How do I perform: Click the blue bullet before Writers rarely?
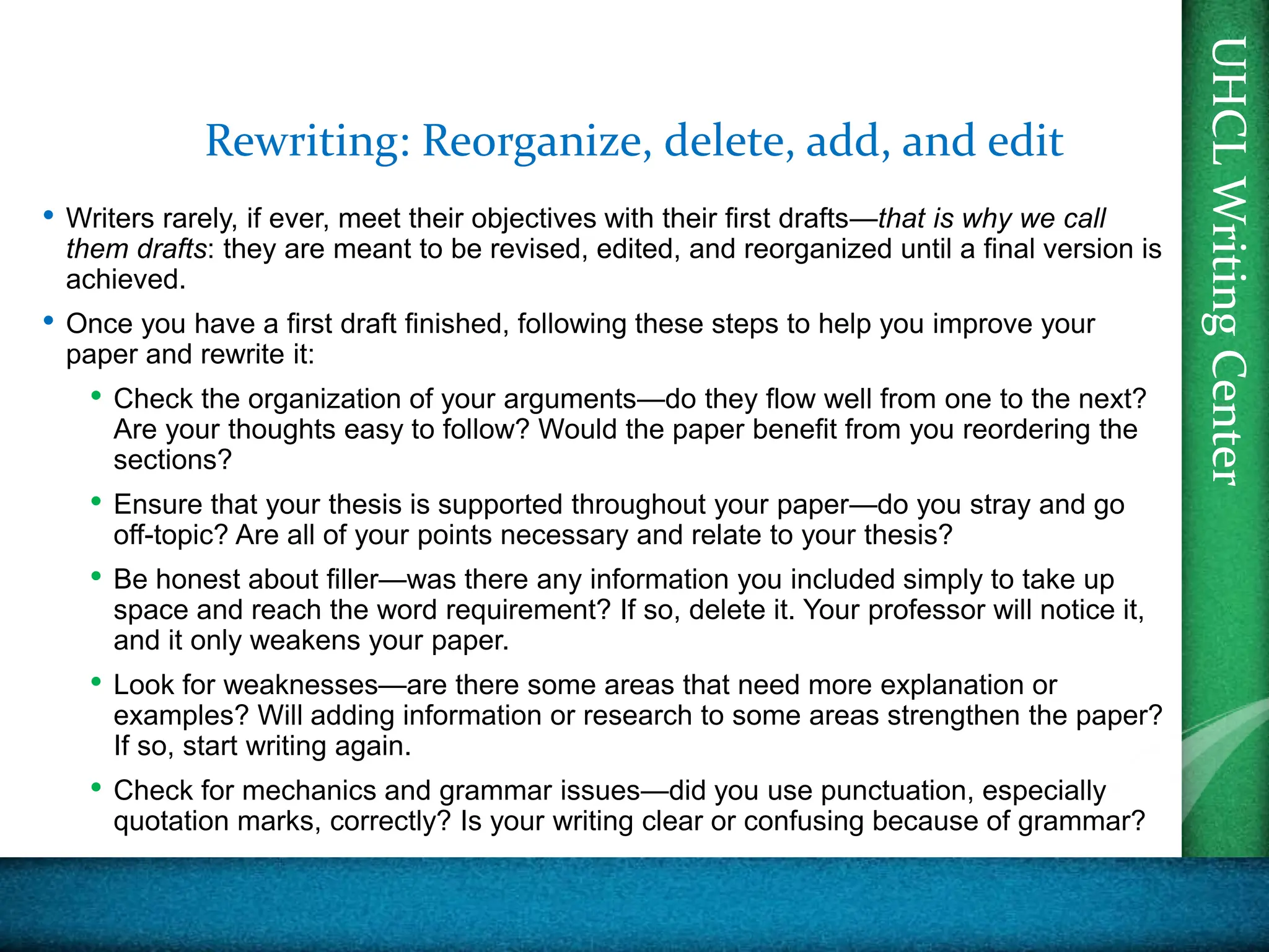click(x=48, y=216)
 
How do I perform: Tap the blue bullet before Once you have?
click(x=48, y=321)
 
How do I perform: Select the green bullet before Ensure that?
click(x=95, y=501)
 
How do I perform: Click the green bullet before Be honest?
click(x=95, y=576)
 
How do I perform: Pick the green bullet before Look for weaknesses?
click(x=95, y=682)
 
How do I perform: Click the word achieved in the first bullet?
click(x=126, y=280)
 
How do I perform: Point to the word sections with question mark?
click(x=172, y=460)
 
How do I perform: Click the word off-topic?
click(x=171, y=535)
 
